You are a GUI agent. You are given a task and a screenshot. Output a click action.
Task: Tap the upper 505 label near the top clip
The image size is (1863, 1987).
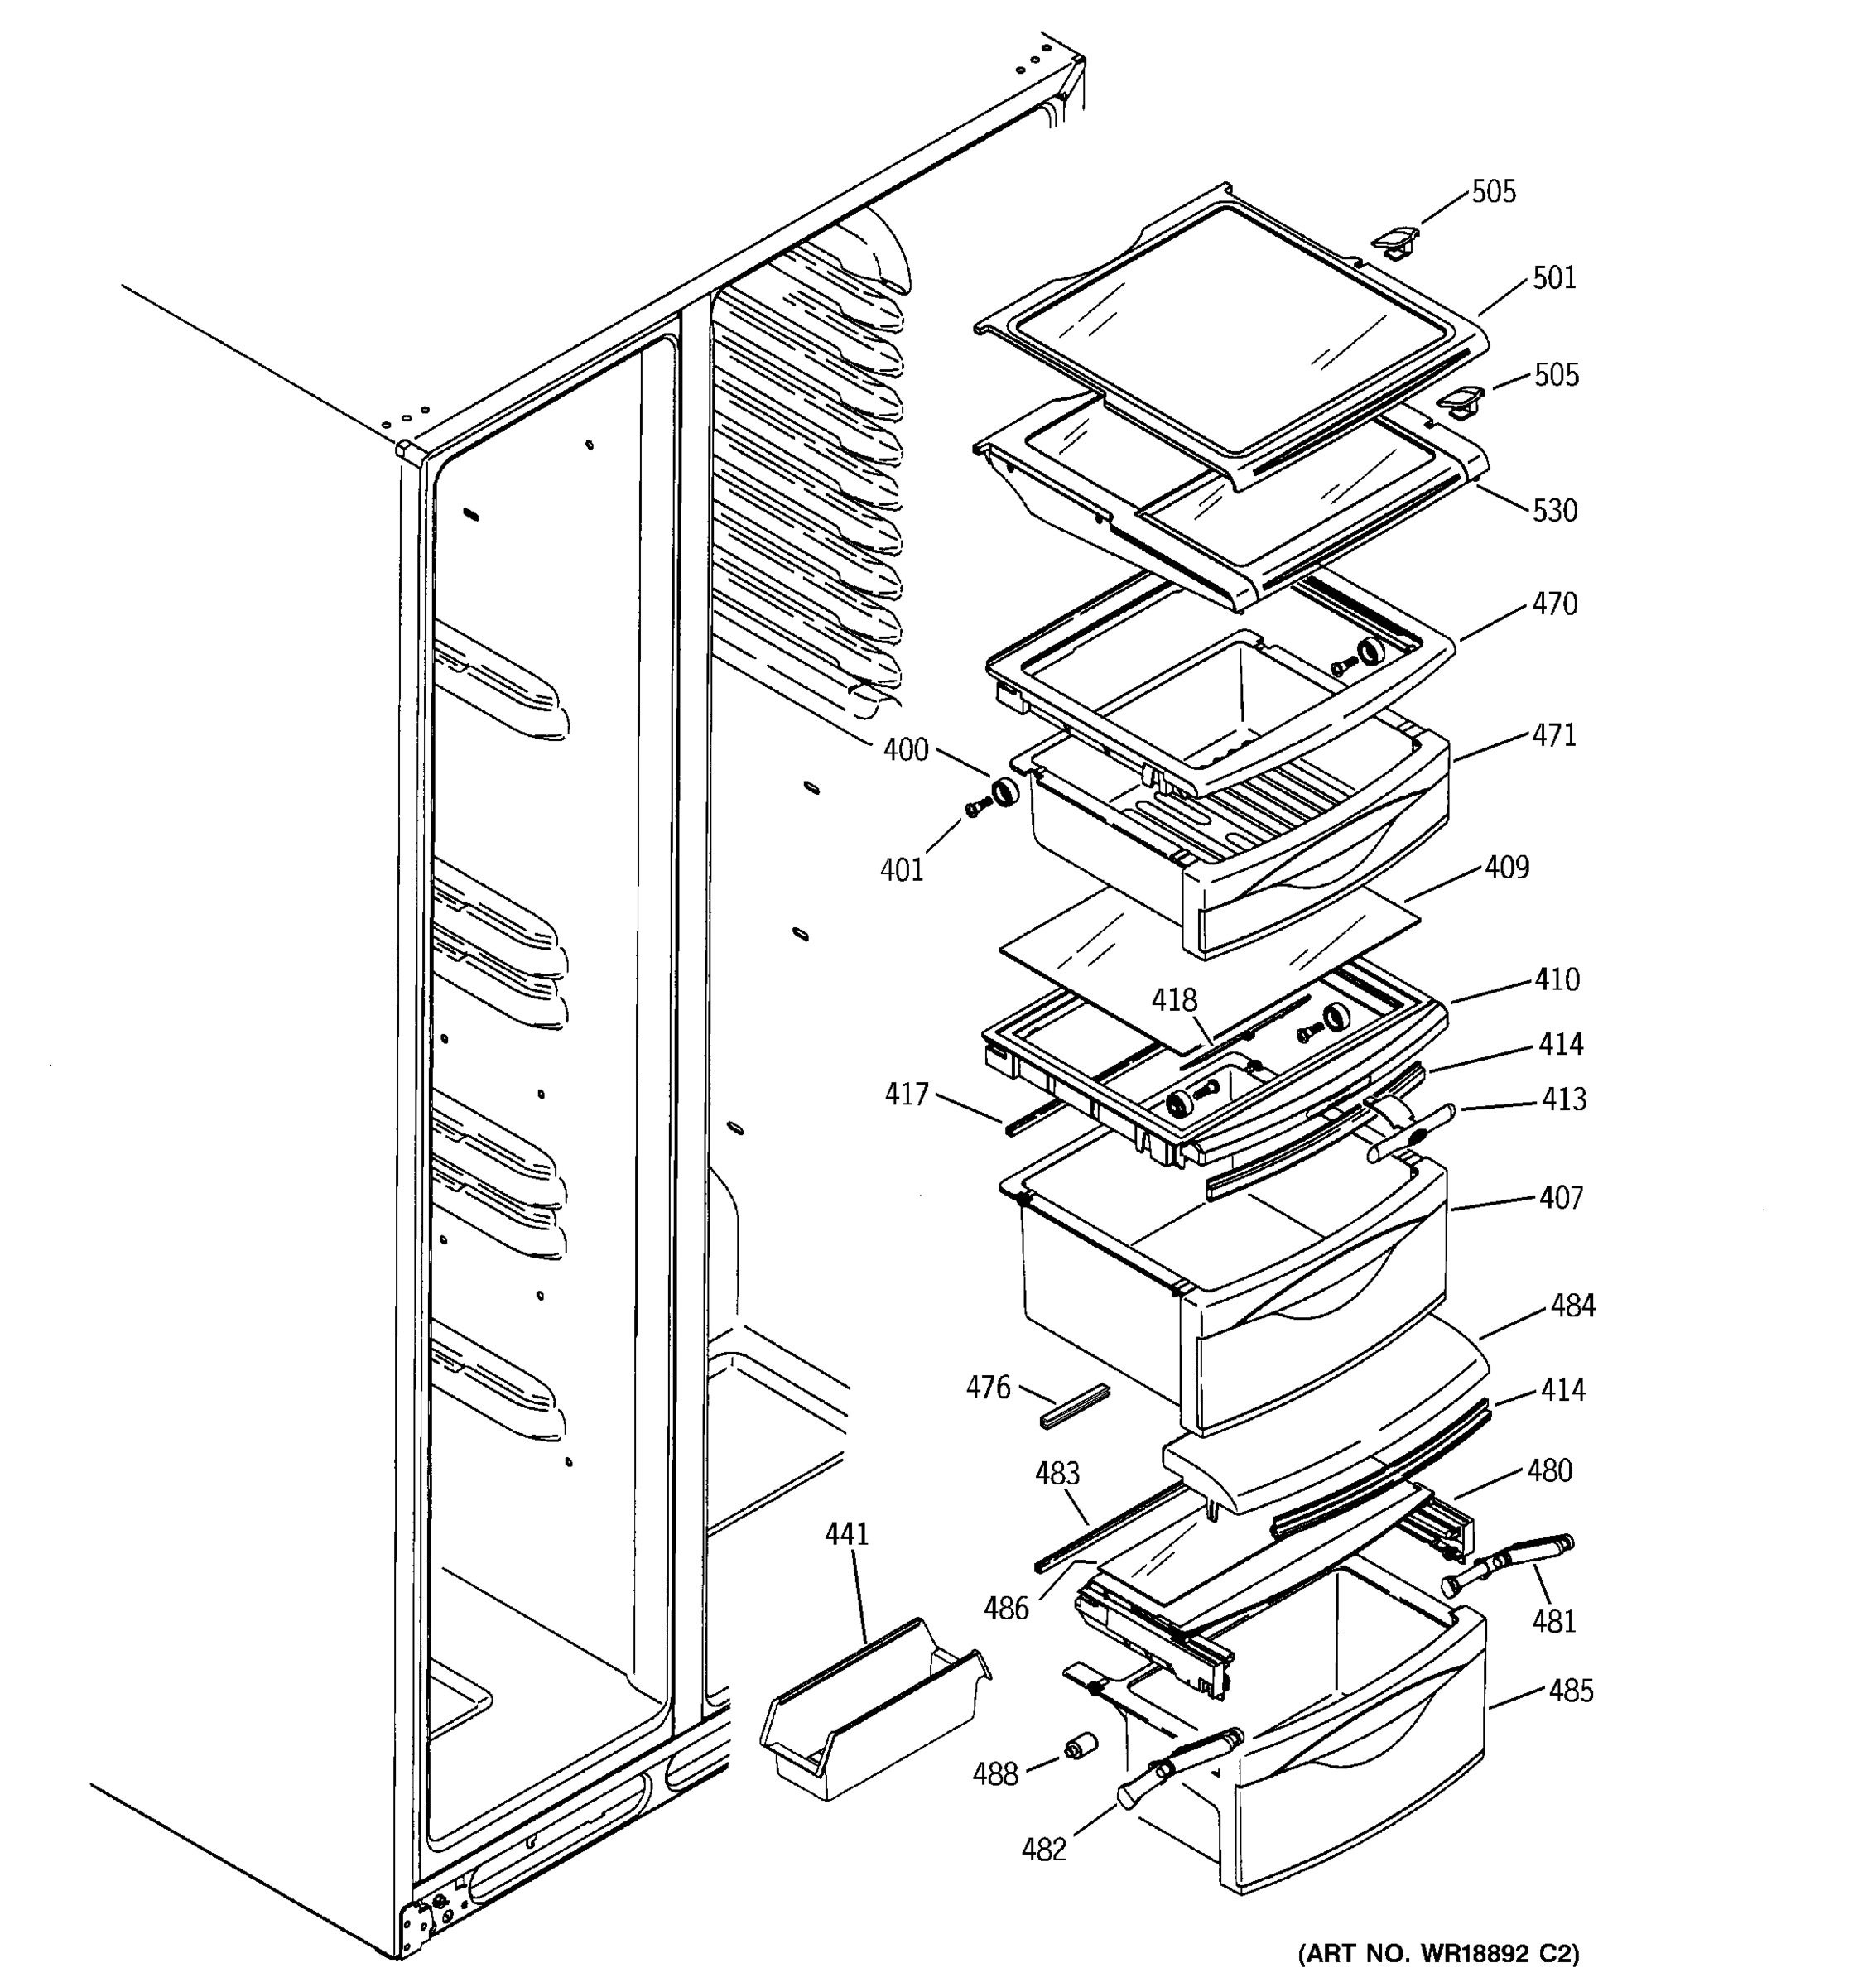(1493, 191)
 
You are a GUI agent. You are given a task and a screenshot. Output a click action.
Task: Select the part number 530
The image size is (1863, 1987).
(1555, 510)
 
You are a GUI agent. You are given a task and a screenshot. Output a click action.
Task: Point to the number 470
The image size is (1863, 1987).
(1554, 603)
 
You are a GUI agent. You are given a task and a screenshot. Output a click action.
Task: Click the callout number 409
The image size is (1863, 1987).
(1506, 867)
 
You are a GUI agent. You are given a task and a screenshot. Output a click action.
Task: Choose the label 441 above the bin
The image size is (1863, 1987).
(846, 1533)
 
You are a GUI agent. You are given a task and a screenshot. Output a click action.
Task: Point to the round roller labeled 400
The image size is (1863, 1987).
(1004, 792)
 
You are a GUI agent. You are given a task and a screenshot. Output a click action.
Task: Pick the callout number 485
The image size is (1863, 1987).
(1570, 1691)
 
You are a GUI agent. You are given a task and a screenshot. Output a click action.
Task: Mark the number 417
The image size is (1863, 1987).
(907, 1095)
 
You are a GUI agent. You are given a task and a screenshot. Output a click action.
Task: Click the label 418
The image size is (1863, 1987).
(1173, 999)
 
